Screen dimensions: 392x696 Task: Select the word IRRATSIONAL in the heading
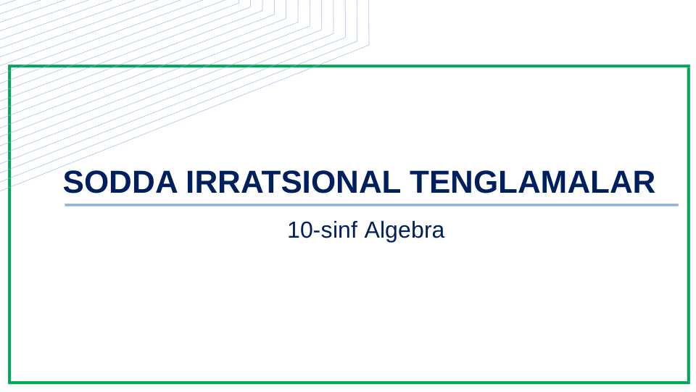[293, 183]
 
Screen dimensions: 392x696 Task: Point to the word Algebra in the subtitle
[404, 231]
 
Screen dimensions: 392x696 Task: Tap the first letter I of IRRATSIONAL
[191, 183]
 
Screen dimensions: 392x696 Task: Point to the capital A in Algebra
[371, 231]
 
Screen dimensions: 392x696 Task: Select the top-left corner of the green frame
[9, 67]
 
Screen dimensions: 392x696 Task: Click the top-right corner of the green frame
[688, 67]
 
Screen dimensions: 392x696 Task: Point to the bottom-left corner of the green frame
[9, 382]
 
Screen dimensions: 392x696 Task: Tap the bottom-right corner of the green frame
[688, 382]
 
